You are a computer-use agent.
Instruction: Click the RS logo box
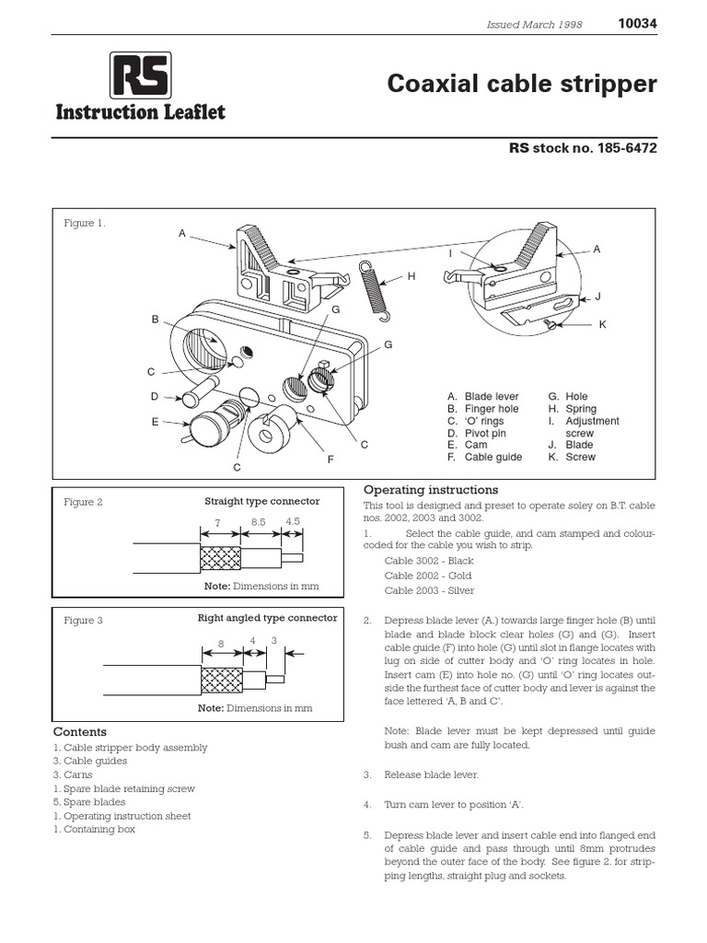point(140,76)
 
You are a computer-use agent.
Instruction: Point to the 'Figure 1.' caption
point(85,224)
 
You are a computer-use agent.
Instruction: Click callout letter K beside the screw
point(602,325)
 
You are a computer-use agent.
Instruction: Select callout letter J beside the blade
point(597,296)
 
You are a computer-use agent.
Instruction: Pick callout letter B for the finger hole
point(156,320)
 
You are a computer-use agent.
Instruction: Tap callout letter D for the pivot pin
point(156,397)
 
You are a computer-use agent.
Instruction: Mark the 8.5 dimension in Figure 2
point(259,521)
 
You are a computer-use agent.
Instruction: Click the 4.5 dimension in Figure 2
point(293,521)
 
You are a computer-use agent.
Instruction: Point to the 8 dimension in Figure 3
point(221,645)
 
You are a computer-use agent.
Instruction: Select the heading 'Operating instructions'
point(431,490)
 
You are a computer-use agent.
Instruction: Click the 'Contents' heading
point(80,732)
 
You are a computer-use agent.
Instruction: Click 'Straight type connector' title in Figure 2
point(261,502)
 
